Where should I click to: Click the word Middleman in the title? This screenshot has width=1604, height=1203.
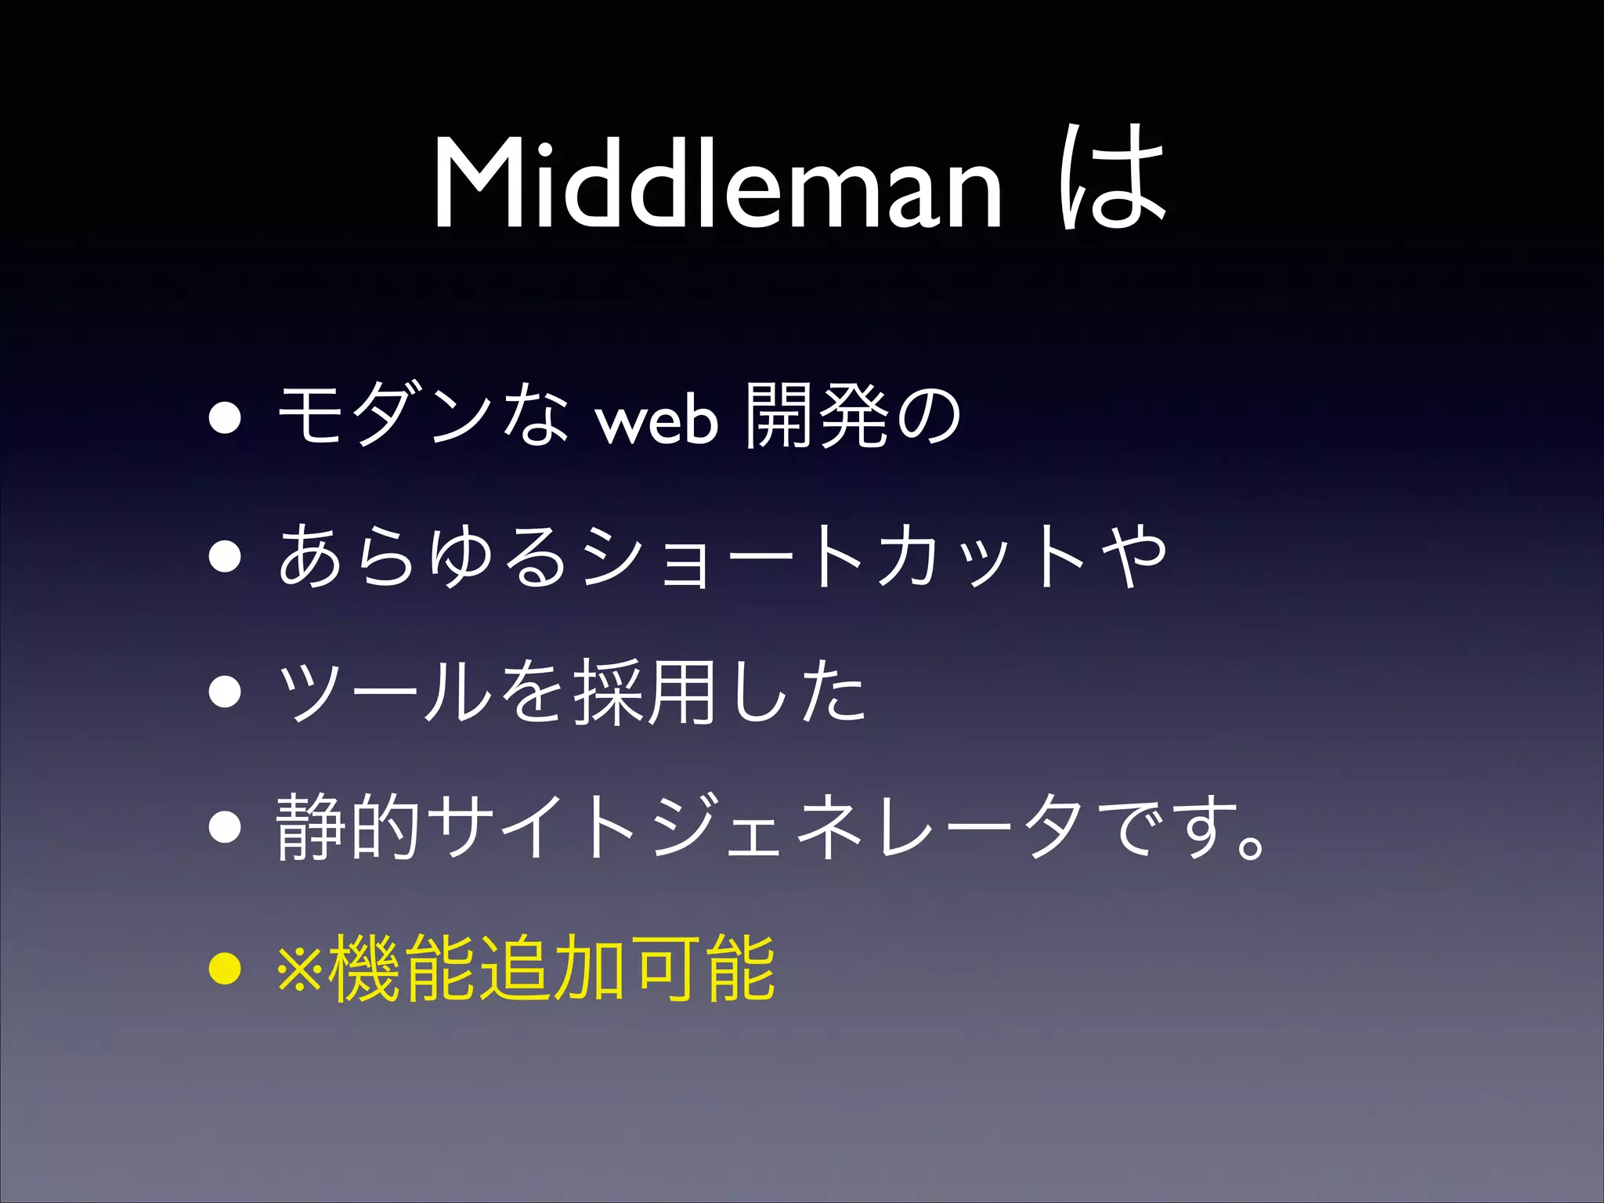(717, 184)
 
